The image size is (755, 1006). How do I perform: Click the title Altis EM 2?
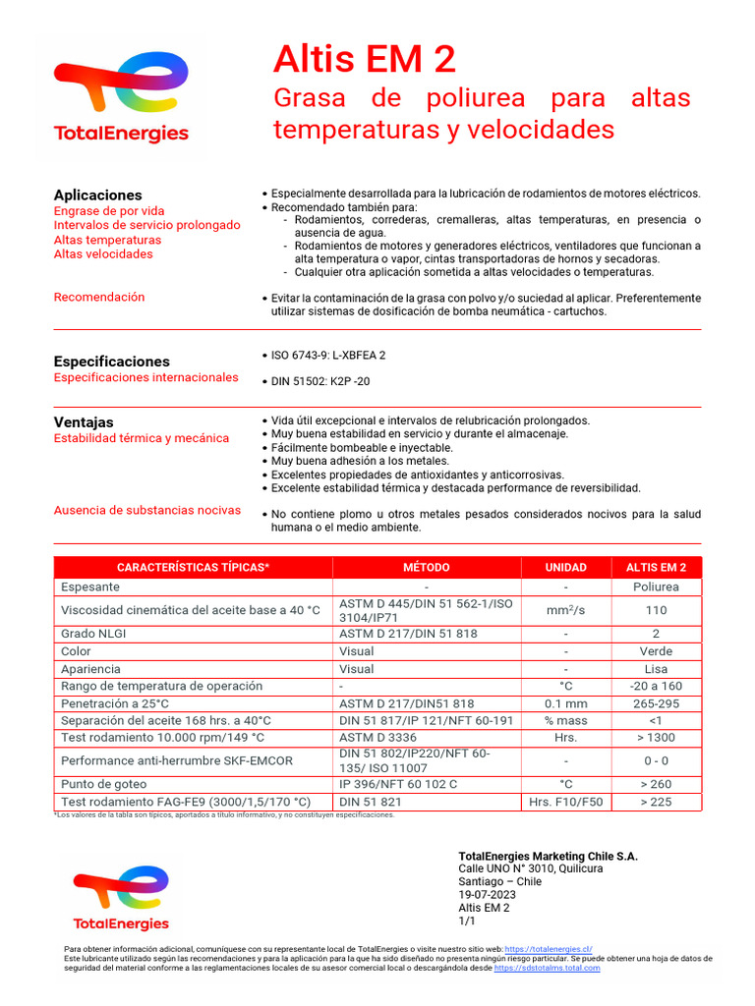pyautogui.click(x=365, y=60)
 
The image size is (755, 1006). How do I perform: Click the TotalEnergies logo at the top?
pyautogui.click(x=121, y=98)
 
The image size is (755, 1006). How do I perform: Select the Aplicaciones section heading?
pyautogui.click(x=97, y=195)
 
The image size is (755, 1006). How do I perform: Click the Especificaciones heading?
pyautogui.click(x=111, y=361)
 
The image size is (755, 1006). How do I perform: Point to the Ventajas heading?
pyautogui.click(x=84, y=421)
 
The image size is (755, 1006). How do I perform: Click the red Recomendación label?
pyautogui.click(x=99, y=297)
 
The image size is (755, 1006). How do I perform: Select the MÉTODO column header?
pyautogui.click(x=426, y=567)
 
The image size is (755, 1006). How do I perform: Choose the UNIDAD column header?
pyautogui.click(x=565, y=567)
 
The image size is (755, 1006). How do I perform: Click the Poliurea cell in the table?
pyautogui.click(x=657, y=587)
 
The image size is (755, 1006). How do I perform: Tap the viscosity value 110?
pyautogui.click(x=657, y=610)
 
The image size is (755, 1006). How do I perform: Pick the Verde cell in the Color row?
pyautogui.click(x=657, y=651)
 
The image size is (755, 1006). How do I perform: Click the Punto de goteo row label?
pyautogui.click(x=103, y=784)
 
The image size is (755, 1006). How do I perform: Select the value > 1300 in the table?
pyautogui.click(x=657, y=737)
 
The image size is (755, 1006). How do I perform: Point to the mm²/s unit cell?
pyautogui.click(x=565, y=610)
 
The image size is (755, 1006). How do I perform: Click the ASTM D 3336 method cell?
pyautogui.click(x=377, y=737)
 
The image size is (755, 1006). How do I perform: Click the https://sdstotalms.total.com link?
pyautogui.click(x=547, y=968)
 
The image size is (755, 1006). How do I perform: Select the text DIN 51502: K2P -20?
pyautogui.click(x=320, y=381)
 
